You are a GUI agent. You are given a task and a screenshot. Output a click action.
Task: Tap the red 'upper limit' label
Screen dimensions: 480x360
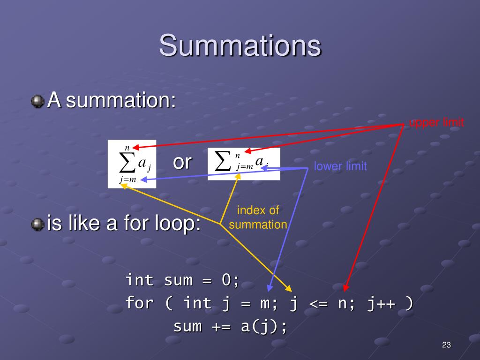coord(436,123)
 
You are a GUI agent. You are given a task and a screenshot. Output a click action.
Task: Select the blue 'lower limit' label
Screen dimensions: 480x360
coord(340,166)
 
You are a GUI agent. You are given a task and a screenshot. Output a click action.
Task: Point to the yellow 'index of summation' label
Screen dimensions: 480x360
coord(258,217)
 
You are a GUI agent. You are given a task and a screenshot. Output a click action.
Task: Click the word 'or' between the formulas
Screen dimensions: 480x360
coord(182,162)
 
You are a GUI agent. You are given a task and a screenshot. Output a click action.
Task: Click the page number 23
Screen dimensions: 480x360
coord(446,345)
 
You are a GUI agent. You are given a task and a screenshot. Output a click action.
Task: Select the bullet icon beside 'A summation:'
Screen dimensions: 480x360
coord(38,101)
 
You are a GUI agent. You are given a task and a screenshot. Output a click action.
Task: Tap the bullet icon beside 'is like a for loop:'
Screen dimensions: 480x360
coord(38,224)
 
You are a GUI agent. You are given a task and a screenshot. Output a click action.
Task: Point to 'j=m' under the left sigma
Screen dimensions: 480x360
coord(127,180)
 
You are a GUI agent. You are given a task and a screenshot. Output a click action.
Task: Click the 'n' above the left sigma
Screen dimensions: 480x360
coord(127,148)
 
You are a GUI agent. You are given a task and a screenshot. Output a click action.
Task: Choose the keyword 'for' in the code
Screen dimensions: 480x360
coord(139,303)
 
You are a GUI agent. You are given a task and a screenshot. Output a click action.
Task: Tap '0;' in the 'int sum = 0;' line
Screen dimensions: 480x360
coord(230,280)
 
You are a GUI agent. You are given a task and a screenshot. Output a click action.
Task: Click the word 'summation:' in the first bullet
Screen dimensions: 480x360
coord(121,101)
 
